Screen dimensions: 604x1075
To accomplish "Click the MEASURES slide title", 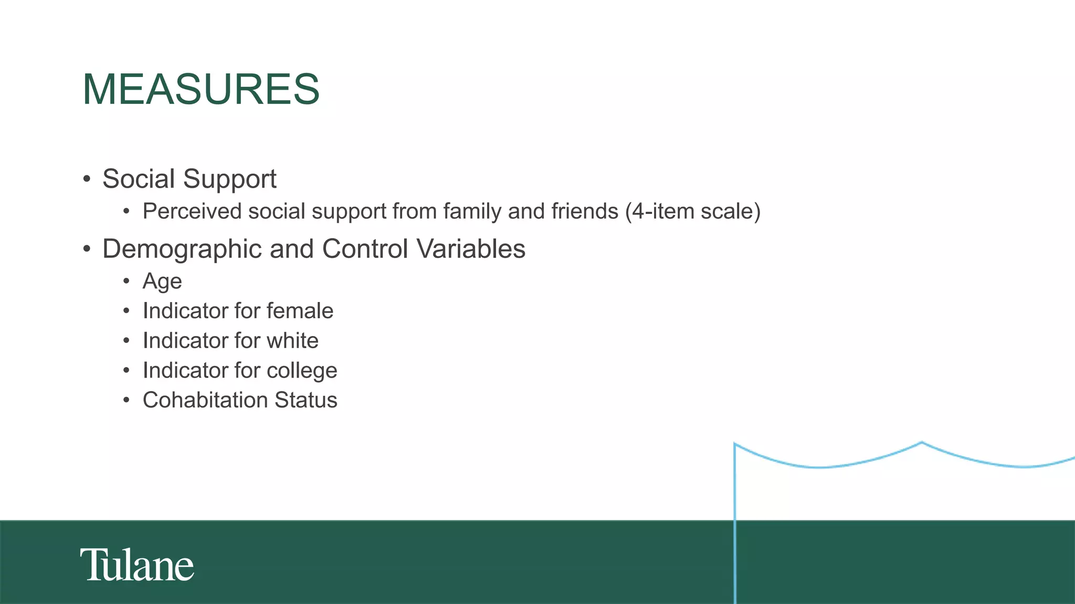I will [201, 89].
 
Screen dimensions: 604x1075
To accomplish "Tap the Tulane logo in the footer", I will [137, 565].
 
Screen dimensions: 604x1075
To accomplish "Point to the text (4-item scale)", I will [693, 211].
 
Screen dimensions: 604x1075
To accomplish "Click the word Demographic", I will [182, 249].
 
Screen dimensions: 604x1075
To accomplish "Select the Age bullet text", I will [162, 282].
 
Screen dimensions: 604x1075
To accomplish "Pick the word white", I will [292, 341].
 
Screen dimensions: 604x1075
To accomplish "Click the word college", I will [302, 371].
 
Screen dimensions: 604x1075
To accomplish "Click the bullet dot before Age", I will [127, 282].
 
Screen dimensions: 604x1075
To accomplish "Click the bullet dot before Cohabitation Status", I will [127, 401].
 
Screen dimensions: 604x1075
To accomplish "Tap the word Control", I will [365, 249].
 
